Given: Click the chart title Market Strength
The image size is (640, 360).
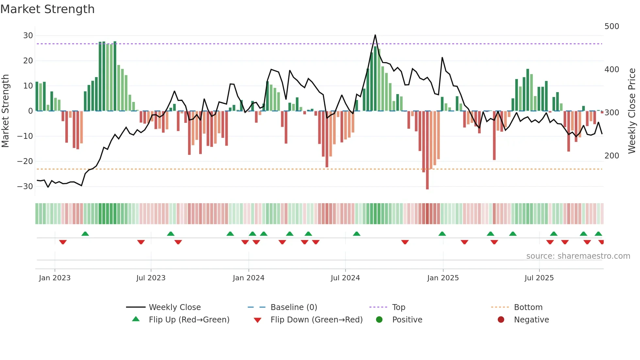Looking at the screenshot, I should (x=47, y=9).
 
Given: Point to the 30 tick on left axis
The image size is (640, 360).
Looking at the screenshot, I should (x=28, y=36).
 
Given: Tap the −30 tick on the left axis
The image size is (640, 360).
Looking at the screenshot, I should (x=25, y=187).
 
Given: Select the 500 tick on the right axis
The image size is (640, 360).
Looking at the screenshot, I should (x=612, y=26).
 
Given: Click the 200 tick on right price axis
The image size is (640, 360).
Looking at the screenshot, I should (x=612, y=156).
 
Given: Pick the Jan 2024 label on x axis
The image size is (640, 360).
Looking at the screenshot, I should (x=248, y=278).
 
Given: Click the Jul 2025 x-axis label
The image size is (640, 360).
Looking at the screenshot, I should (x=539, y=278).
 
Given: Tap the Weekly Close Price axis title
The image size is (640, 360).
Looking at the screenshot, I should (x=632, y=111).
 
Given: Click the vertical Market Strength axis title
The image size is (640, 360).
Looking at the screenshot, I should (x=5, y=111).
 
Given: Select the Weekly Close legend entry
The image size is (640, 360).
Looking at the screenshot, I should (x=175, y=307).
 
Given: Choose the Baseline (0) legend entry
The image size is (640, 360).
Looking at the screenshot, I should (x=294, y=307).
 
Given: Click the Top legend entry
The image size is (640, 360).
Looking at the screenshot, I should (x=398, y=307).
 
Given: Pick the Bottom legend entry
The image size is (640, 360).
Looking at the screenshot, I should (x=528, y=307).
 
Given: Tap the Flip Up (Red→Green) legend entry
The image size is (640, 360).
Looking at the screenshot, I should (x=189, y=320).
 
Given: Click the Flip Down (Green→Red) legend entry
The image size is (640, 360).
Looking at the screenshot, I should (x=316, y=320).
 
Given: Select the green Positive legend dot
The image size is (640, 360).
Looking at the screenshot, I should (x=379, y=319).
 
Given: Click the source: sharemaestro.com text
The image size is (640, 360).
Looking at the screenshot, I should (x=578, y=256).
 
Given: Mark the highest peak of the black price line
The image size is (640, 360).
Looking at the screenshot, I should (x=375, y=35).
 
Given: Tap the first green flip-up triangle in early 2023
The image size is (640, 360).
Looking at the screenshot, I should (x=85, y=234).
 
